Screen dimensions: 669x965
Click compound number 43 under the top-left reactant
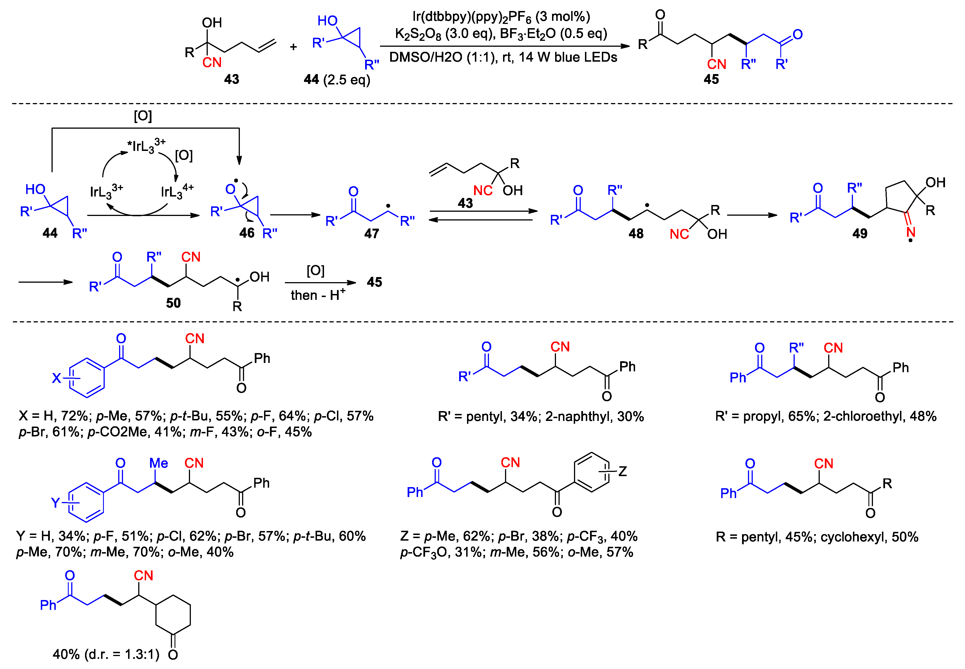(231, 79)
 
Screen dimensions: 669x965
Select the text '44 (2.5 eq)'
(337, 80)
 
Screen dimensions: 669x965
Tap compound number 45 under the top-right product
(711, 79)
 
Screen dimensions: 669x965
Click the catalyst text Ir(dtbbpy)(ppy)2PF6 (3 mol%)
(501, 17)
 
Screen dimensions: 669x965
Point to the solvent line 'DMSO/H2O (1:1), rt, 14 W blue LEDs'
(503, 57)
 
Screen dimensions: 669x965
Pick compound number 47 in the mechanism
(371, 233)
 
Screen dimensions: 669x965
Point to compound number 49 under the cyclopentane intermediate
(859, 233)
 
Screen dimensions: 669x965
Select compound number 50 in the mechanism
(173, 303)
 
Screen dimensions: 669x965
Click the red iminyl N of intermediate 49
(910, 232)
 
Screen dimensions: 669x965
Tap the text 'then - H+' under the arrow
(318, 295)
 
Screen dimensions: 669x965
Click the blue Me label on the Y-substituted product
(158, 463)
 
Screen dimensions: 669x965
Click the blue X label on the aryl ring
(56, 378)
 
